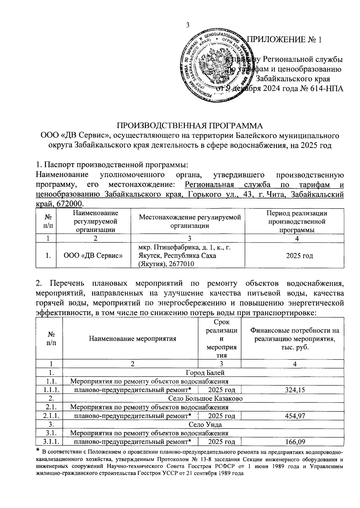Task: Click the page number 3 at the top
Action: coord(188,25)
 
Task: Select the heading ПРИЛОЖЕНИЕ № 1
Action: coord(284,40)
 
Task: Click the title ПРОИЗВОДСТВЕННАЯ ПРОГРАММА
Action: coord(189,125)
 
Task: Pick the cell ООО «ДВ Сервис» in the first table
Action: coord(93,256)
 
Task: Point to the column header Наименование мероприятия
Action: coord(132,339)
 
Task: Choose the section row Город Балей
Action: coord(205,373)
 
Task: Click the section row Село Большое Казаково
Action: coord(205,399)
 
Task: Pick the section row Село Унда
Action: coord(205,424)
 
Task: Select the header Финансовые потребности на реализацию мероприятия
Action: coord(295,339)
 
